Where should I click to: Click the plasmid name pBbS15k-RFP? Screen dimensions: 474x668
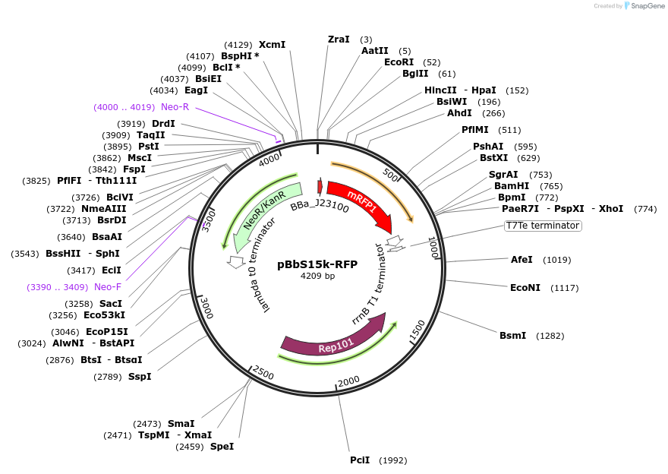(317, 264)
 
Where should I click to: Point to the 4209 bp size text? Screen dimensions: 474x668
(317, 276)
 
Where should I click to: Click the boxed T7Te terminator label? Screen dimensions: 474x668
(543, 226)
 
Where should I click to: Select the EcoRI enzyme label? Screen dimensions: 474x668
(399, 62)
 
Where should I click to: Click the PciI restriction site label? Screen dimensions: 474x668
(360, 460)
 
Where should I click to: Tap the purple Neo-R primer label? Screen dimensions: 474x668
(175, 107)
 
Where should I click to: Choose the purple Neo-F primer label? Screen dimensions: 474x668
(108, 286)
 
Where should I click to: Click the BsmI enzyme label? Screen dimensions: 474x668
(512, 335)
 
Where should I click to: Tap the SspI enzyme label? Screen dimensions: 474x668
(140, 376)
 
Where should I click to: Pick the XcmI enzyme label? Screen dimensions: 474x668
(273, 45)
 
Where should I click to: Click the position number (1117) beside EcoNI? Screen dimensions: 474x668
(564, 288)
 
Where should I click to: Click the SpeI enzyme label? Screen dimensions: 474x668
(222, 446)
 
